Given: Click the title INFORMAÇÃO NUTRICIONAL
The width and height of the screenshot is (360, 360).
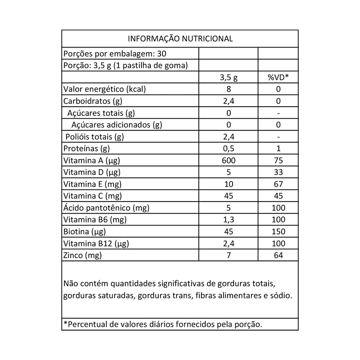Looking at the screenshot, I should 180,39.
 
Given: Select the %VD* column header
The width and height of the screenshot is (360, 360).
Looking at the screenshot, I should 278,77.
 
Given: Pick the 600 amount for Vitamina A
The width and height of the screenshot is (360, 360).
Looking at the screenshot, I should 228,160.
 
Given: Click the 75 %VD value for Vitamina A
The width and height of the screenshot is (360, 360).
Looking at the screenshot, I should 278,160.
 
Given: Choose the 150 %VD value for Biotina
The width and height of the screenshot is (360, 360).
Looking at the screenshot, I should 278,231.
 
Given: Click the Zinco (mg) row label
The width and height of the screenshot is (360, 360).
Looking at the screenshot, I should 82,255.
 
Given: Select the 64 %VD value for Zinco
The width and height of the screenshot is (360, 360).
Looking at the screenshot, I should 278,255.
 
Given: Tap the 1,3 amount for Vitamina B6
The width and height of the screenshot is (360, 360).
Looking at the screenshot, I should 228,220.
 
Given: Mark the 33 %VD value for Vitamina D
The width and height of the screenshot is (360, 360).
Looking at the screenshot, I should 278,172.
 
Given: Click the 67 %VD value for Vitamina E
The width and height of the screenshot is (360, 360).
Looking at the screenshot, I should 278,184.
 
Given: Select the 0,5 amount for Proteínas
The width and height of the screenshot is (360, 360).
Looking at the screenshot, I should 228,148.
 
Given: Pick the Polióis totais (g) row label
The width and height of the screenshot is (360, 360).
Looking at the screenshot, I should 95,137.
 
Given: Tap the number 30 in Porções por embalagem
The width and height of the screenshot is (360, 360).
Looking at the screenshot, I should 162,54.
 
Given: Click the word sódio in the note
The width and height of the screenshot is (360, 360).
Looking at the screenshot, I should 280,296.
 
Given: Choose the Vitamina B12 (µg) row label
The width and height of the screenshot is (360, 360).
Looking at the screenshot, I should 96,243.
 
